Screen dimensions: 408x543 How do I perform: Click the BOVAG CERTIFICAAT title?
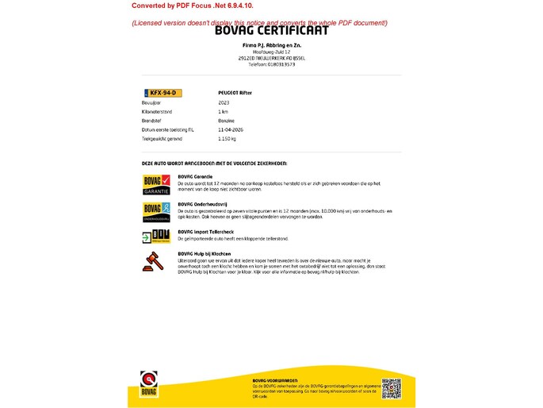pos(271,32)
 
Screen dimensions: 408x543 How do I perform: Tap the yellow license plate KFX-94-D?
pos(163,93)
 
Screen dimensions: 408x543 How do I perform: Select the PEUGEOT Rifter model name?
pos(235,93)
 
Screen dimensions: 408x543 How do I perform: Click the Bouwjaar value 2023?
pos(224,103)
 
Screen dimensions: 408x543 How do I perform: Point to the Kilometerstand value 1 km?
pos(224,112)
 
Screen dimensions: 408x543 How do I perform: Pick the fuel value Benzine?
pos(227,121)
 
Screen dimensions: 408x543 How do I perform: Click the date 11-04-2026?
pos(230,129)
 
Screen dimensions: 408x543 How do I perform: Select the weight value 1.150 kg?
pos(228,138)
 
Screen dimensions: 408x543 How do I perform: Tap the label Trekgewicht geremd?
pos(162,138)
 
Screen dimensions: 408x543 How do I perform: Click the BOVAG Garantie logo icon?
pos(155,185)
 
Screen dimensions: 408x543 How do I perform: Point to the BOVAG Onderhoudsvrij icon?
pos(155,211)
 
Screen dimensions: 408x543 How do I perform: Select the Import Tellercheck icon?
pos(155,237)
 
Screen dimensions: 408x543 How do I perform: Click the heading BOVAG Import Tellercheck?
pos(205,232)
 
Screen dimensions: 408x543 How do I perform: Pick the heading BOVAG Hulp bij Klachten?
pos(205,254)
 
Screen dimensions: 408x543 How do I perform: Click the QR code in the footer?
pos(392,389)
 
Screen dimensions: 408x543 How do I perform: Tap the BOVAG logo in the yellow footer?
pos(149,383)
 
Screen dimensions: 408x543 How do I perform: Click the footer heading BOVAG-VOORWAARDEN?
pos(275,381)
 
